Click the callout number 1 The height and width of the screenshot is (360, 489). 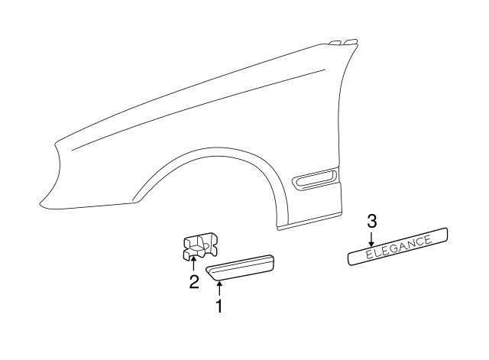click(x=220, y=306)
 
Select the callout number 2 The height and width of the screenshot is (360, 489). click(x=194, y=282)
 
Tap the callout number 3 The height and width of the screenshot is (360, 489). click(x=372, y=222)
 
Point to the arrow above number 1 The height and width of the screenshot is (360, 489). click(x=220, y=288)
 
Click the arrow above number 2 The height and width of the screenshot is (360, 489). click(x=193, y=264)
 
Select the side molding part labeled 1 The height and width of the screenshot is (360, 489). click(x=240, y=268)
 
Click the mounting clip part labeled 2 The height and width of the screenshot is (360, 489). click(x=199, y=246)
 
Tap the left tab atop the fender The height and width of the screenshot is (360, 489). click(x=335, y=42)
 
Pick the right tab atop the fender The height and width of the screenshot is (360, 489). click(x=351, y=41)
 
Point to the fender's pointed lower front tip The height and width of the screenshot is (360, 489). click(x=40, y=206)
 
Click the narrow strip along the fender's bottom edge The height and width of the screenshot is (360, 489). click(x=309, y=221)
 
